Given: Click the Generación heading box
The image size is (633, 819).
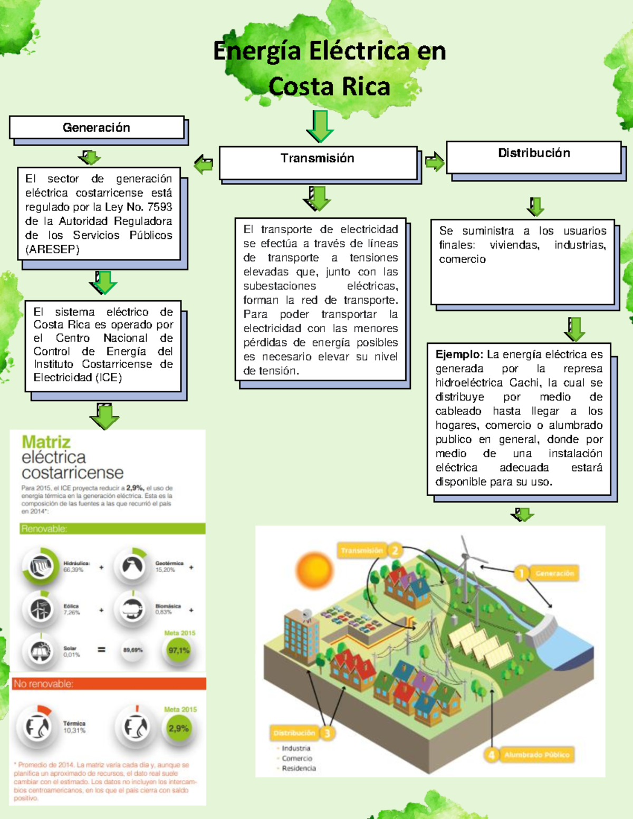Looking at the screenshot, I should click(x=97, y=128).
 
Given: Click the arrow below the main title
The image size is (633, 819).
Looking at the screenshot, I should click(x=320, y=127).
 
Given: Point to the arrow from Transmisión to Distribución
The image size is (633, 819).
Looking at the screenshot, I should click(x=434, y=162).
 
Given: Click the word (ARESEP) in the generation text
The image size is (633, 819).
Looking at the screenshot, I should click(x=52, y=249).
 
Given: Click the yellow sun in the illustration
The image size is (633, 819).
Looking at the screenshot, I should click(x=314, y=570).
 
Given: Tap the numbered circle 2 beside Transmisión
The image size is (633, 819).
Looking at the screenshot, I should click(x=395, y=551).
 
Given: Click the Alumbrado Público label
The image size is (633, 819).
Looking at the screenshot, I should click(x=536, y=755).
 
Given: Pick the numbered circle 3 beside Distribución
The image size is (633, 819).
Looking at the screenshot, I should click(x=327, y=733).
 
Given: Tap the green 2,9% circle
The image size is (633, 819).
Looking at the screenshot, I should click(x=178, y=729).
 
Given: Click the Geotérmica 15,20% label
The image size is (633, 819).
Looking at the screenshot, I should click(x=169, y=566).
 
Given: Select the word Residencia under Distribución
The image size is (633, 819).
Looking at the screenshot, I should click(x=299, y=768).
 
